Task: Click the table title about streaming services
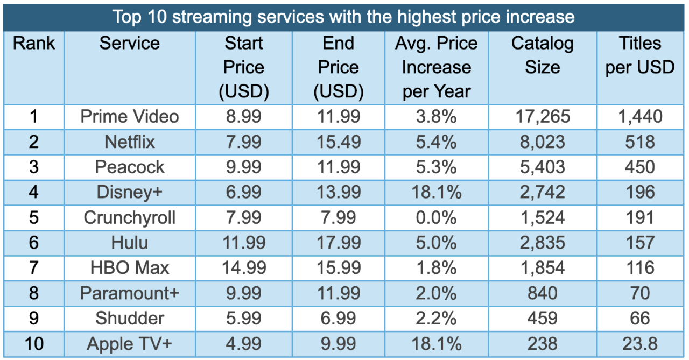[343, 17]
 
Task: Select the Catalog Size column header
[542, 55]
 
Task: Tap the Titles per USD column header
[639, 55]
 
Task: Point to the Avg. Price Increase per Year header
[436, 68]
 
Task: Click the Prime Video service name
[129, 117]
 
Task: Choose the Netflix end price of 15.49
[339, 142]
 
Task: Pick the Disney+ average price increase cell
[436, 192]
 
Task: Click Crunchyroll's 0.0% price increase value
[436, 217]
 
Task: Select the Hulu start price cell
[243, 243]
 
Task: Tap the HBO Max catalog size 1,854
[542, 268]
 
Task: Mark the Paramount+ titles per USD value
[639, 293]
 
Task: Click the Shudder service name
[129, 319]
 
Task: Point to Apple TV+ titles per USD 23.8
[639, 343]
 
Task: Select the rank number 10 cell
[34, 343]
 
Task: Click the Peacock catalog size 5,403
[542, 167]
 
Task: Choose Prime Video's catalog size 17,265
[542, 117]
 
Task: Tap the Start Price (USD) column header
[243, 68]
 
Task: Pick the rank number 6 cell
[34, 243]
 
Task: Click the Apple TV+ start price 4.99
[243, 343]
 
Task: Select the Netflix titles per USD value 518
[639, 142]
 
